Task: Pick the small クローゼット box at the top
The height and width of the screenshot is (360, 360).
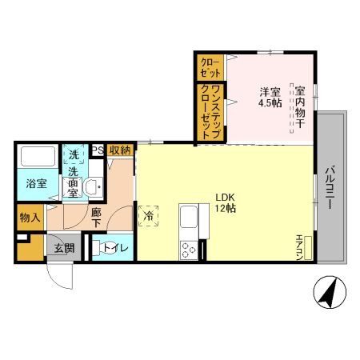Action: pos(211,66)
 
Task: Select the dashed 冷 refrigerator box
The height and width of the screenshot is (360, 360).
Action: pos(149,215)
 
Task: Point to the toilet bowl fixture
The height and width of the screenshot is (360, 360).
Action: pos(106,247)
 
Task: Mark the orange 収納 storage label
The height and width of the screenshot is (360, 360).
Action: pos(121,150)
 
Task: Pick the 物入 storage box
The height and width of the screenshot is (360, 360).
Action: pos(30,217)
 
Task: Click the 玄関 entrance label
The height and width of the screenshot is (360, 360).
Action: pos(65,248)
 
